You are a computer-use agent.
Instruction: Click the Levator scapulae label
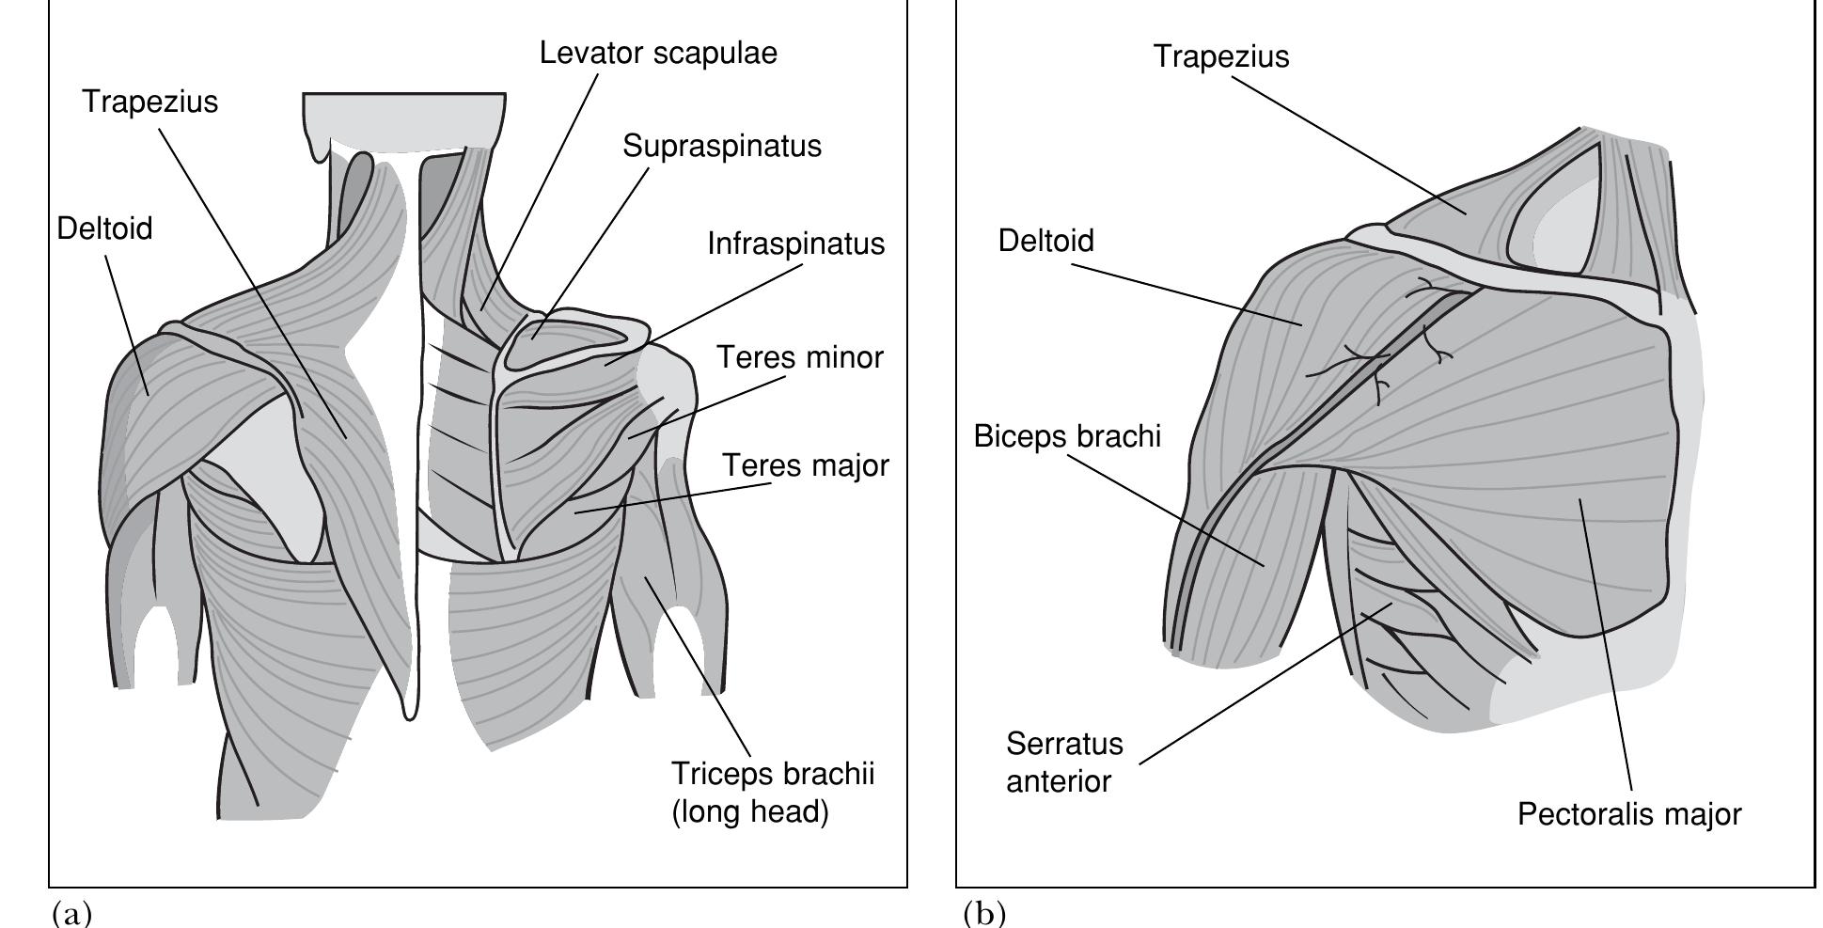click(x=658, y=53)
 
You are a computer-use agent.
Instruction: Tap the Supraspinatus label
click(x=721, y=147)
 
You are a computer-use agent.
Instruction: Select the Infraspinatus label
click(x=795, y=244)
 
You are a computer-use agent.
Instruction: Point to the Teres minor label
click(x=800, y=358)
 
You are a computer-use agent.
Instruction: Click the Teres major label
click(x=805, y=466)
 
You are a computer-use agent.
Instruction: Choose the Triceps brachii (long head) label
click(x=772, y=793)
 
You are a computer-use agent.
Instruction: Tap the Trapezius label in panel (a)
click(x=149, y=102)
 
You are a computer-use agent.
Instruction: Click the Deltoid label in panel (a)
click(x=104, y=228)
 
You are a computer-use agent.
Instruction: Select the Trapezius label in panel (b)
click(x=1220, y=56)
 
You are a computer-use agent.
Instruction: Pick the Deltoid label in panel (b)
click(x=1045, y=242)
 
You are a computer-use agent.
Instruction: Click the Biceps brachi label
click(x=1067, y=437)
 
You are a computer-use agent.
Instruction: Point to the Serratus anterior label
click(x=1063, y=763)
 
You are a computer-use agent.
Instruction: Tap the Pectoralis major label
click(x=1628, y=814)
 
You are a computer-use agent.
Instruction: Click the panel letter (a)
click(x=73, y=912)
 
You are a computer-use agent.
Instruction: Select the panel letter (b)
click(x=984, y=912)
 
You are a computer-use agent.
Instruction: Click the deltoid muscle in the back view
click(x=160, y=404)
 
